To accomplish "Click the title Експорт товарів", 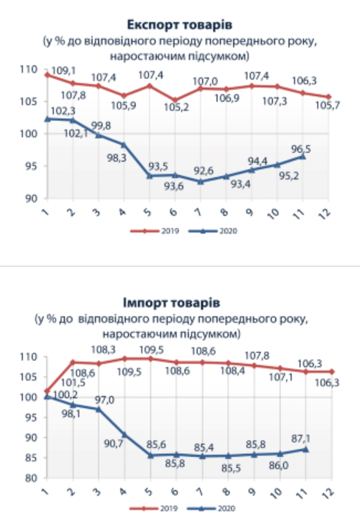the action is click(180, 24).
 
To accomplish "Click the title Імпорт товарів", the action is click(171, 303).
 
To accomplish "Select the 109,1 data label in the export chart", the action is click(63, 71).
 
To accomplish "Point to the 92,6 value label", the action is click(204, 171).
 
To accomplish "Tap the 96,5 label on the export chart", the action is click(301, 149).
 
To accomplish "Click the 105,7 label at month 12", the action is click(328, 106).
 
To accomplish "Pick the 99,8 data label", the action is click(101, 125).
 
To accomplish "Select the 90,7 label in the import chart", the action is click(114, 443).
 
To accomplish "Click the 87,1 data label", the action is click(300, 438).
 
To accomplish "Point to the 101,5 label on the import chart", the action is click(73, 382).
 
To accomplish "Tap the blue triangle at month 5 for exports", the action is click(150, 176).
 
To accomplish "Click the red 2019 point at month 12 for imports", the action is click(332, 371).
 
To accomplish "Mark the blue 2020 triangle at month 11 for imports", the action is click(305, 450).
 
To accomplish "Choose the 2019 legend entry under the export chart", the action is click(155, 231).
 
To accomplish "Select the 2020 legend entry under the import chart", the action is click(212, 509).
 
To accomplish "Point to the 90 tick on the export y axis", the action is click(31, 199).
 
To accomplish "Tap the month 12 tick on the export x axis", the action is click(325, 213).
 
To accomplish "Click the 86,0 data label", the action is click(279, 466).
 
